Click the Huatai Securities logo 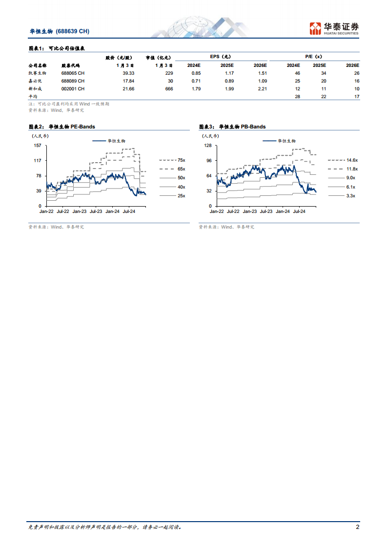[x=334, y=28]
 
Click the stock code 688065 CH [x=73, y=73]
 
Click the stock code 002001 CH [x=73, y=88]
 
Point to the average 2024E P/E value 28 [x=297, y=97]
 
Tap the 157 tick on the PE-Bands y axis [x=37, y=145]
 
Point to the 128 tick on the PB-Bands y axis [x=208, y=145]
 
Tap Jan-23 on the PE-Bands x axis [x=80, y=211]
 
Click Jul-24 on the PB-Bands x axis [x=299, y=211]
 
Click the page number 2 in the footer [x=358, y=527]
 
